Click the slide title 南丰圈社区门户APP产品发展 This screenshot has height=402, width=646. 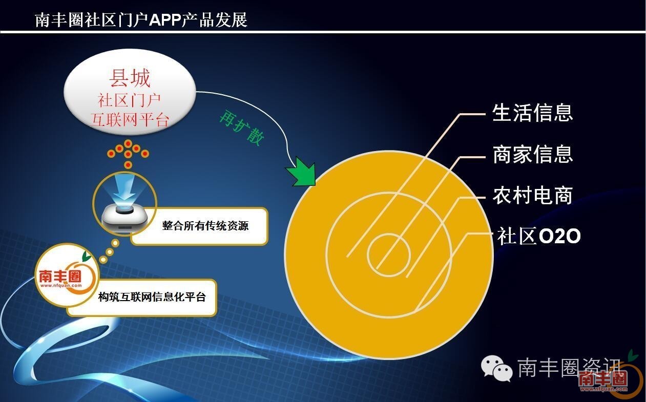click(x=141, y=20)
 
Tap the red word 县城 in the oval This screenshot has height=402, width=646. click(x=130, y=78)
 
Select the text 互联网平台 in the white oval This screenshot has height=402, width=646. click(x=130, y=119)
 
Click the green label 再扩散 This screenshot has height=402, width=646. click(x=242, y=127)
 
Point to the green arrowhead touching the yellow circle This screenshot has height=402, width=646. click(x=301, y=172)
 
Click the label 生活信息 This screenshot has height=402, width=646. click(x=532, y=113)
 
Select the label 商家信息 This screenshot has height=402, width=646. click(x=532, y=154)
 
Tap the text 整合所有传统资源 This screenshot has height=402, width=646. click(x=205, y=225)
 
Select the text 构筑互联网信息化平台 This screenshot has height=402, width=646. click(x=152, y=297)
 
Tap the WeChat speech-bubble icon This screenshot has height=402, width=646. click(x=496, y=368)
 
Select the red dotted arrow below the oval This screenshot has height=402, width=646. click(x=128, y=154)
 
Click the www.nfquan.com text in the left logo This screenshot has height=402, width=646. click(x=61, y=285)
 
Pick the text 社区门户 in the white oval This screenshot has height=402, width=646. click(x=129, y=100)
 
